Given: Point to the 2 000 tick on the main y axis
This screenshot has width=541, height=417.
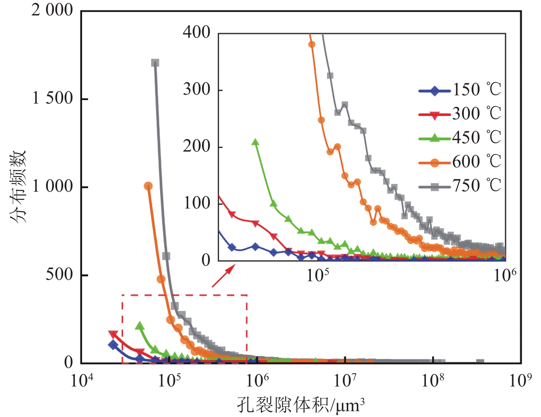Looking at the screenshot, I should pos(52,10).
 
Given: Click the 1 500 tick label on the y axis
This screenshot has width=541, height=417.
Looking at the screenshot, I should pos(52,98).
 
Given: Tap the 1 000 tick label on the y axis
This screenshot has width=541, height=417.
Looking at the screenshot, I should pos(52,187).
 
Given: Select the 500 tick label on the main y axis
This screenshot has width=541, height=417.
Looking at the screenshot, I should pos(59,275).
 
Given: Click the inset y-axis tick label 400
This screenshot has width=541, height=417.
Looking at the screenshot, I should pos(196,33).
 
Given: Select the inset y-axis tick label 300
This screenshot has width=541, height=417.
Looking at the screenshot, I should pos(196,90).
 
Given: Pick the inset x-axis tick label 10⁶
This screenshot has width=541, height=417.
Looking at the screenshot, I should pos(505,275).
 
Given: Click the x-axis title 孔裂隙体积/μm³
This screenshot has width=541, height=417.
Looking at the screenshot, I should pos(301,405).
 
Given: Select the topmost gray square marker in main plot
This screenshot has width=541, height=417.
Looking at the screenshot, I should pos(155,63).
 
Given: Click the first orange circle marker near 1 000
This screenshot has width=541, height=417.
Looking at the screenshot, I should pos(148,186).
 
